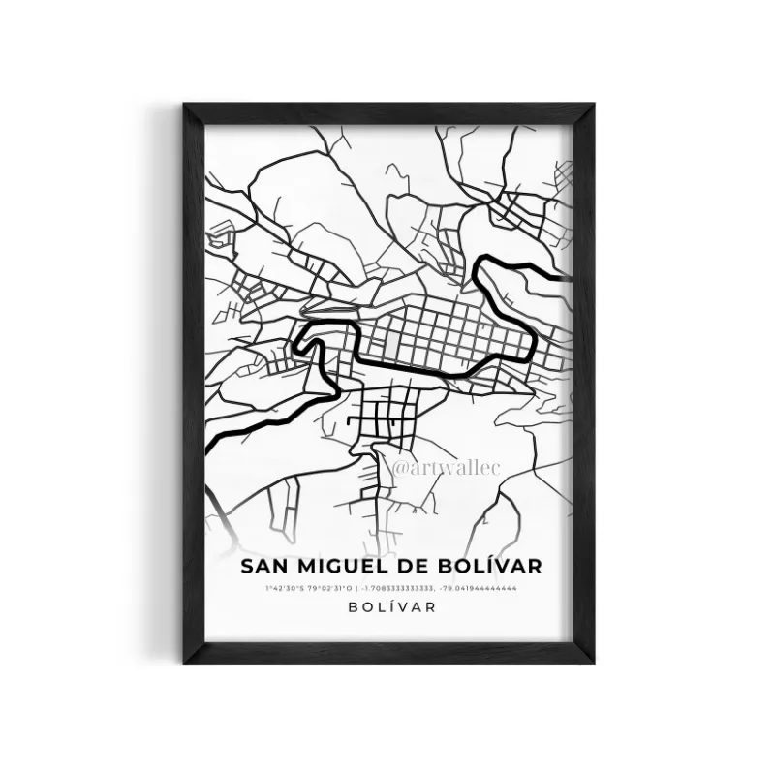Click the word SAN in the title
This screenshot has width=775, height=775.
click(x=263, y=565)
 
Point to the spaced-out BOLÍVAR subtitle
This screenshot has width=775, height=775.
click(x=387, y=607)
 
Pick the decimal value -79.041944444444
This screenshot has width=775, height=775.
click(x=480, y=588)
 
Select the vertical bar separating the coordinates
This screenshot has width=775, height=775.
click(x=357, y=588)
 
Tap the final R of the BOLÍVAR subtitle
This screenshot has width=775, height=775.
click(x=429, y=607)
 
